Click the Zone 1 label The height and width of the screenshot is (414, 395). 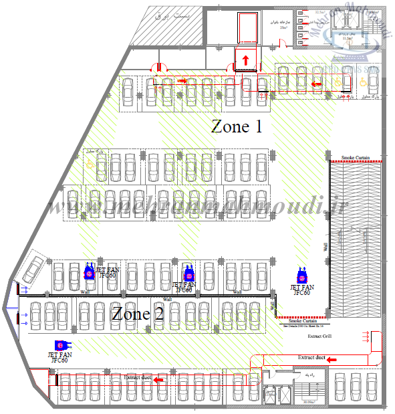[x=236, y=126]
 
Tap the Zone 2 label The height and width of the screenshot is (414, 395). [x=138, y=314]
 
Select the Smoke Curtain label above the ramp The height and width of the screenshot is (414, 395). [x=356, y=158]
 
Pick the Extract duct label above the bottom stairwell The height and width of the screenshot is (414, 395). [x=311, y=358]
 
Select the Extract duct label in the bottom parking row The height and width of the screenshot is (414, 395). [x=138, y=378]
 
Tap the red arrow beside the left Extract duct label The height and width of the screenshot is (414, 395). [x=158, y=379]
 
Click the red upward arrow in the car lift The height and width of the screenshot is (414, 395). [x=245, y=61]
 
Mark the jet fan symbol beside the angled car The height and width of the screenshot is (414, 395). [x=88, y=272]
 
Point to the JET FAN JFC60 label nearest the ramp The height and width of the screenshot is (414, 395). [x=300, y=290]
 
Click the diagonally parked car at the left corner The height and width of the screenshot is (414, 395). [x=31, y=270]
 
